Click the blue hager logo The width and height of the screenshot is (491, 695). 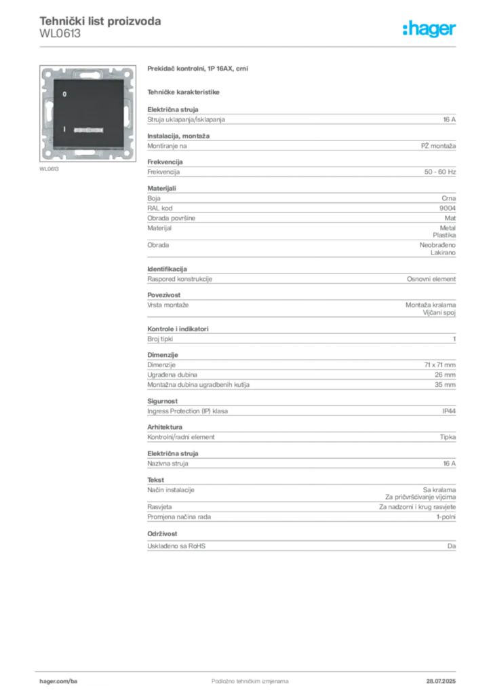[431, 31]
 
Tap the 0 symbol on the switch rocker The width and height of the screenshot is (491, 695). [64, 92]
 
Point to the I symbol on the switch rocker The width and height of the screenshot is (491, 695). [64, 128]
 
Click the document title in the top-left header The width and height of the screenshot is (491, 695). [100, 20]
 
